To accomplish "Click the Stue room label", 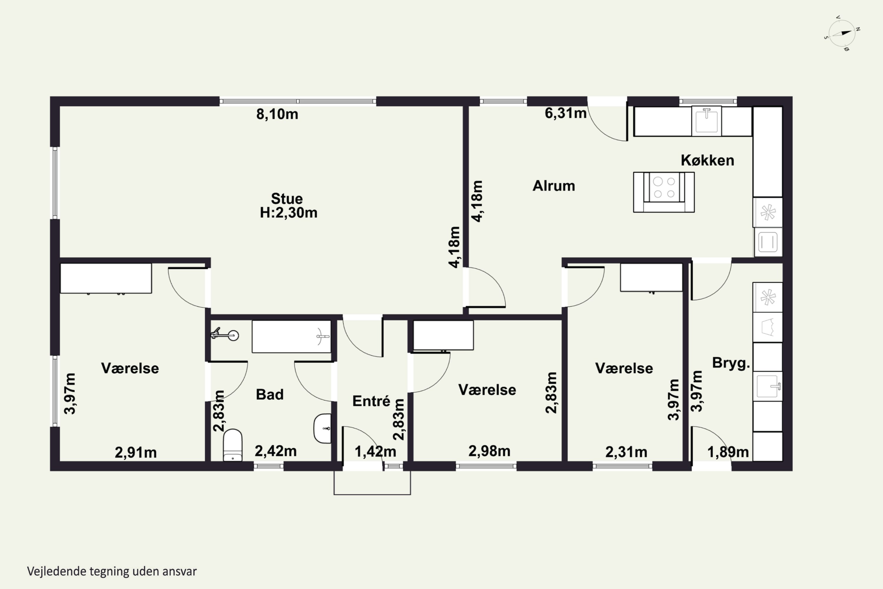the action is click(x=287, y=198).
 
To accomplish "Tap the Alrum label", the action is click(x=554, y=186).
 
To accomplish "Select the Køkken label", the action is click(x=707, y=161).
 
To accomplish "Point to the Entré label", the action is click(x=371, y=401).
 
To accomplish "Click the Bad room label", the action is click(x=270, y=394).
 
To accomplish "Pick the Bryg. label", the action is click(x=731, y=363).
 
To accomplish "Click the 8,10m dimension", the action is click(x=277, y=114).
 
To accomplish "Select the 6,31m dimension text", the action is click(x=565, y=113).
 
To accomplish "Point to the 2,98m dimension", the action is click(x=489, y=451).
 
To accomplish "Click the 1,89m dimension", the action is click(x=728, y=452).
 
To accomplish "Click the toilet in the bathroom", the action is click(x=233, y=445).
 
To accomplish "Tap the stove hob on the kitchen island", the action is click(x=664, y=187).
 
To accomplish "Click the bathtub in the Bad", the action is click(x=291, y=337).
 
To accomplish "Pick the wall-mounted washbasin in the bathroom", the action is click(x=323, y=428).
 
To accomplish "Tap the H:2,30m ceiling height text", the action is click(x=288, y=213).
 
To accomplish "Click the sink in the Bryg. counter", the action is click(x=768, y=386).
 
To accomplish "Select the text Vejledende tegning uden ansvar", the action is click(x=112, y=571).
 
